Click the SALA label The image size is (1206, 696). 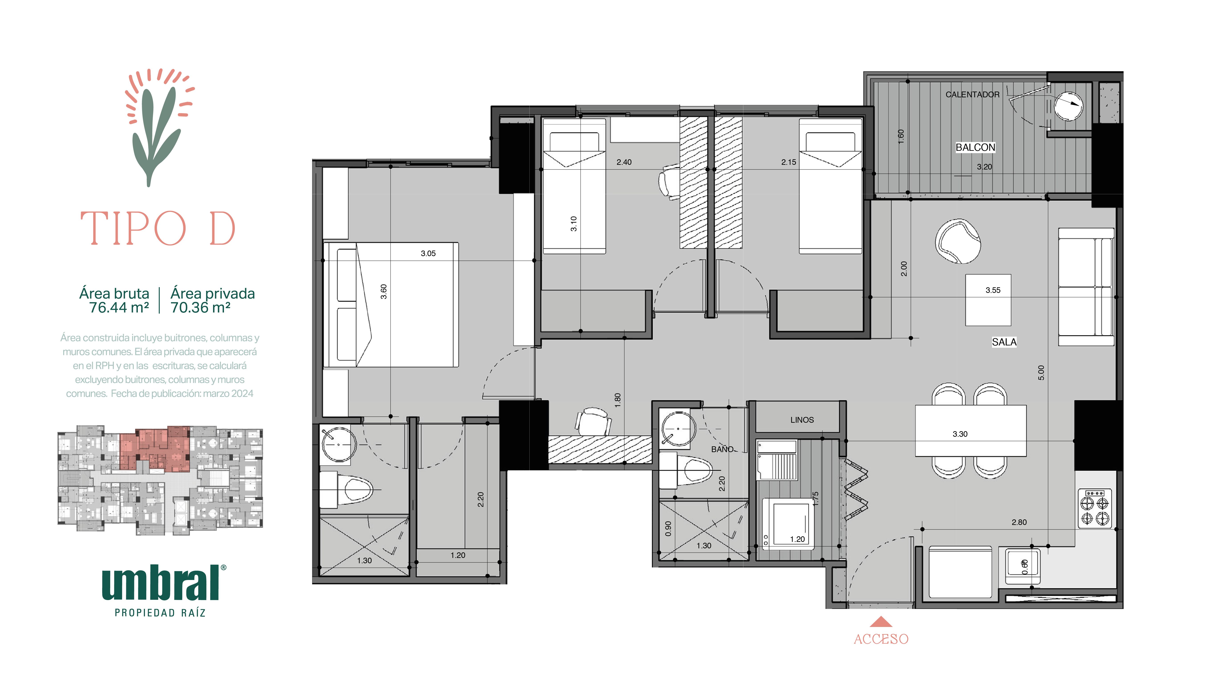1004,342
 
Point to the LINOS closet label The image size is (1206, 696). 802,420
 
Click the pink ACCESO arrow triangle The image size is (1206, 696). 881,622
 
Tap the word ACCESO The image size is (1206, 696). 881,639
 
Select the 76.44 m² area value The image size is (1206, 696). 119,307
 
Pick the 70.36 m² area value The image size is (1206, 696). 201,307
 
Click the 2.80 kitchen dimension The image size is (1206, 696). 1019,522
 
